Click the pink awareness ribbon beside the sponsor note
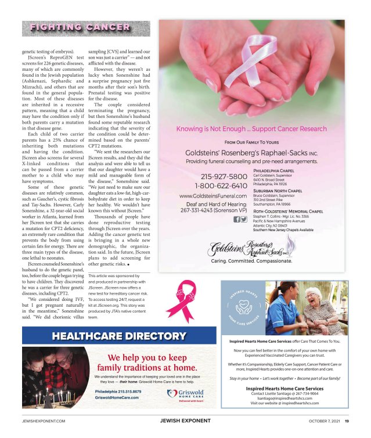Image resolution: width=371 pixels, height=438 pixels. point(188,298)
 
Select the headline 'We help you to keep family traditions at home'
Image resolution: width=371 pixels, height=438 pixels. point(146,362)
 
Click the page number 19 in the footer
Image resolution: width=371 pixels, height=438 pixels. point(346,421)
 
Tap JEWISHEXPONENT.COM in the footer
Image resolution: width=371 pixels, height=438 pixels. point(43,421)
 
